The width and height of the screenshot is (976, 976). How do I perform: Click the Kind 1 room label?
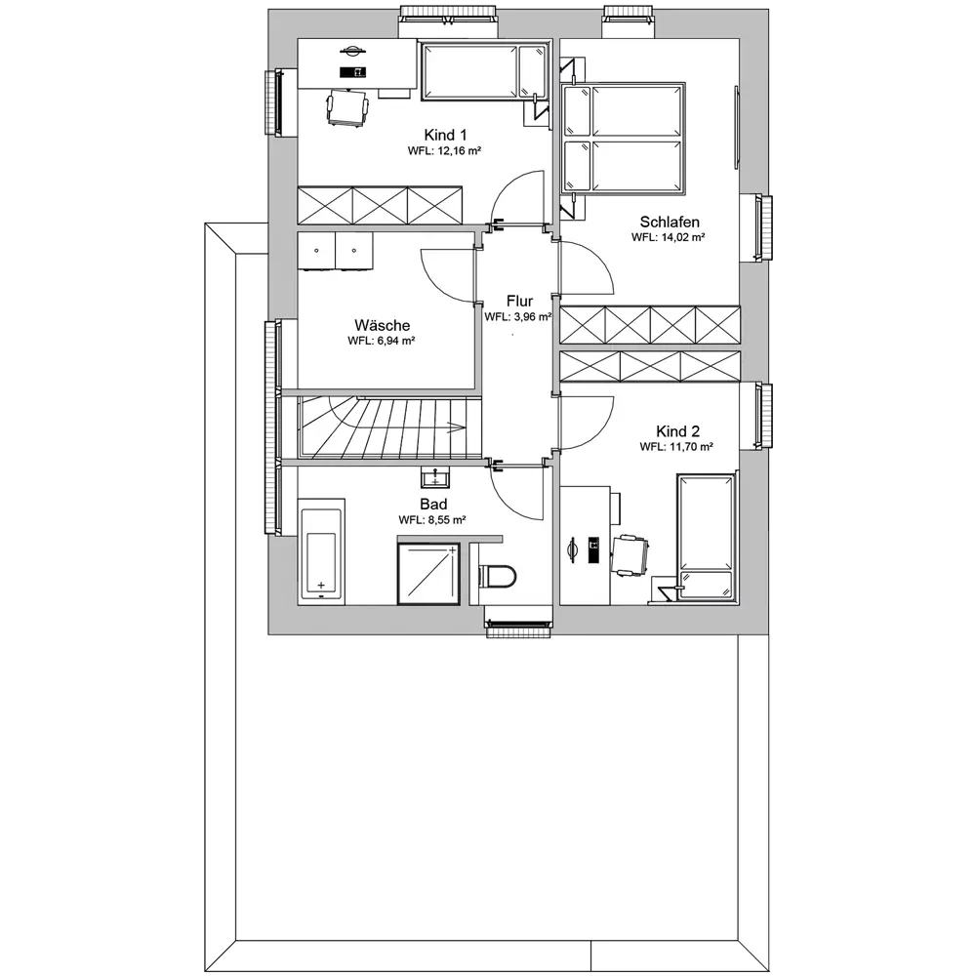point(445,135)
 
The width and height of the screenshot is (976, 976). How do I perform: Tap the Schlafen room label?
point(670,222)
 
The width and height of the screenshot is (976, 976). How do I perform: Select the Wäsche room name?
point(383,325)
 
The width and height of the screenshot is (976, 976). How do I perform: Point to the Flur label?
point(520,302)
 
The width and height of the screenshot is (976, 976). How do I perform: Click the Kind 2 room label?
point(677,431)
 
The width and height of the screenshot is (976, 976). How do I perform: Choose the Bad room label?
point(433,505)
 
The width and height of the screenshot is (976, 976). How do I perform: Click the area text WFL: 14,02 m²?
point(668,237)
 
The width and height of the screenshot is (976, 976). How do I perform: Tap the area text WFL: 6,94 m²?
point(382,341)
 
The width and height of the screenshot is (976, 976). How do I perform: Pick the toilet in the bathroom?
point(498,576)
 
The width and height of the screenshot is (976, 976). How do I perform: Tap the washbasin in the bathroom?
point(435,478)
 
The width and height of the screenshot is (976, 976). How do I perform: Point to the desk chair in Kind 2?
point(630,554)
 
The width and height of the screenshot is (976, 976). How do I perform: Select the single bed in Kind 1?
point(485,71)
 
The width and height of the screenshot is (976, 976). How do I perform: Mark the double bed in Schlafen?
point(623,138)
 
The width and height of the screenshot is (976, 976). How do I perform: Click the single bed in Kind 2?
point(706,537)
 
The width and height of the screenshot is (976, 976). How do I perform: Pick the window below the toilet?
point(518,628)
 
